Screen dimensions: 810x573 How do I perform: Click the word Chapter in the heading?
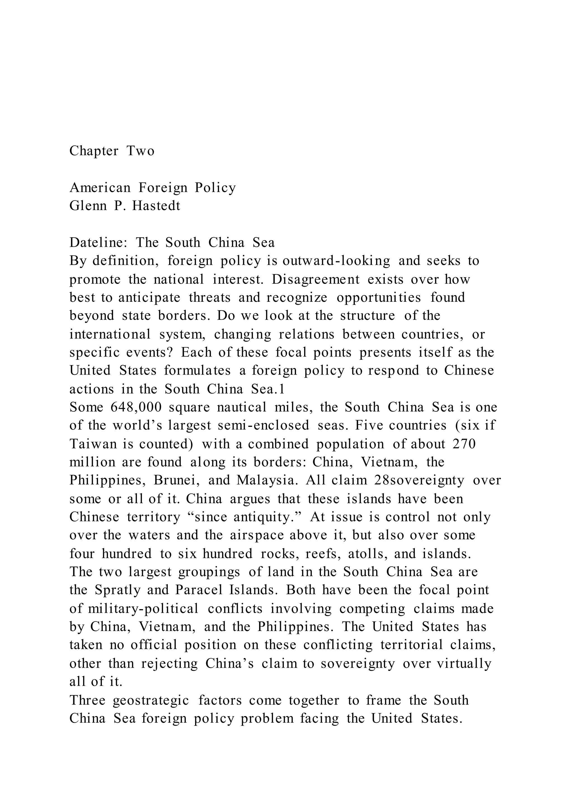94,151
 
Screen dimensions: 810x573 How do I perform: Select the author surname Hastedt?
156,206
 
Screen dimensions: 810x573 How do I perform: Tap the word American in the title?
100,187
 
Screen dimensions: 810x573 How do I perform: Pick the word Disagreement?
315,279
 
